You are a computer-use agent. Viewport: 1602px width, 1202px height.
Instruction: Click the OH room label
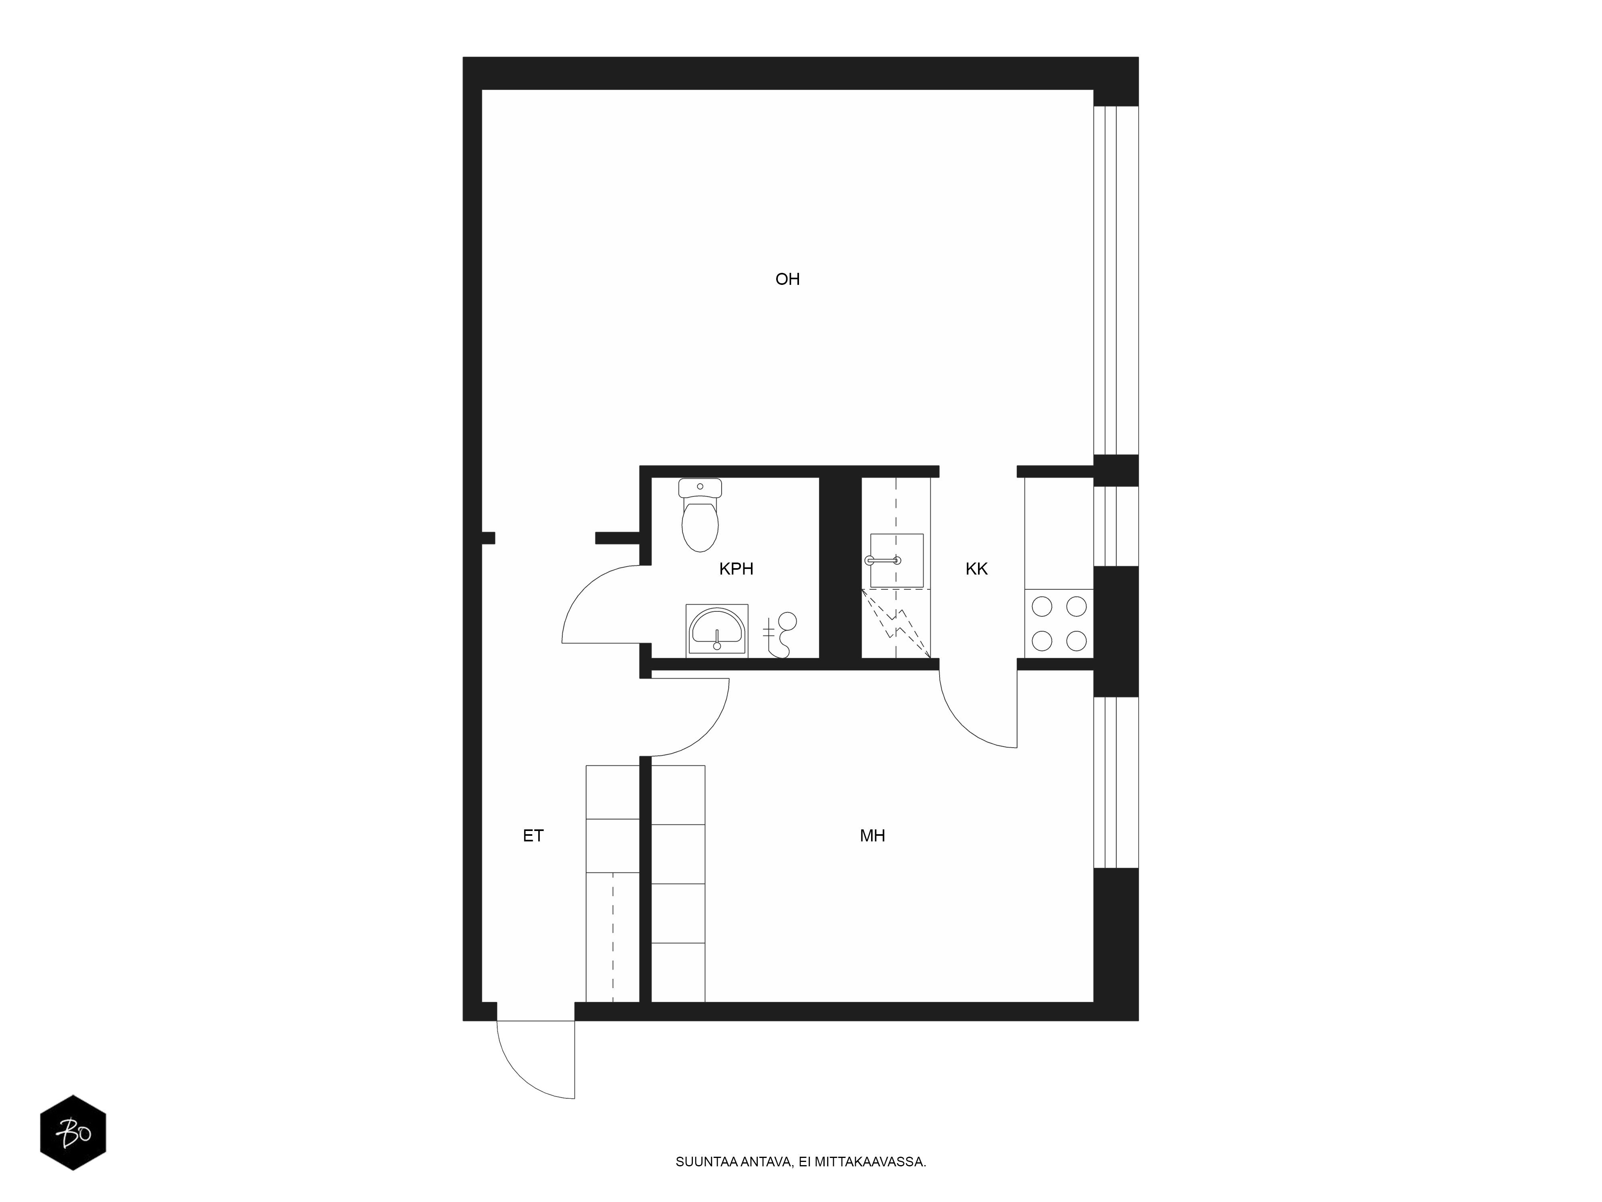click(x=787, y=279)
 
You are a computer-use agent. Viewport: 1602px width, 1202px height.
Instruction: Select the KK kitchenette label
click(x=976, y=569)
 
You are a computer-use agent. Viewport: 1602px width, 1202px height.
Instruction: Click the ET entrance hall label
click(x=533, y=835)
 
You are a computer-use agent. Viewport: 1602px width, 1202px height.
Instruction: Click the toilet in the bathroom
click(x=700, y=514)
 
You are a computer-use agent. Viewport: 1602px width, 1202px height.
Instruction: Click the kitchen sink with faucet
click(x=897, y=560)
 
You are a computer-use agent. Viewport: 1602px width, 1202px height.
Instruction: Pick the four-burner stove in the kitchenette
click(x=1059, y=623)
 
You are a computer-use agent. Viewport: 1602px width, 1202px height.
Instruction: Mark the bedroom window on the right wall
click(x=1115, y=783)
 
